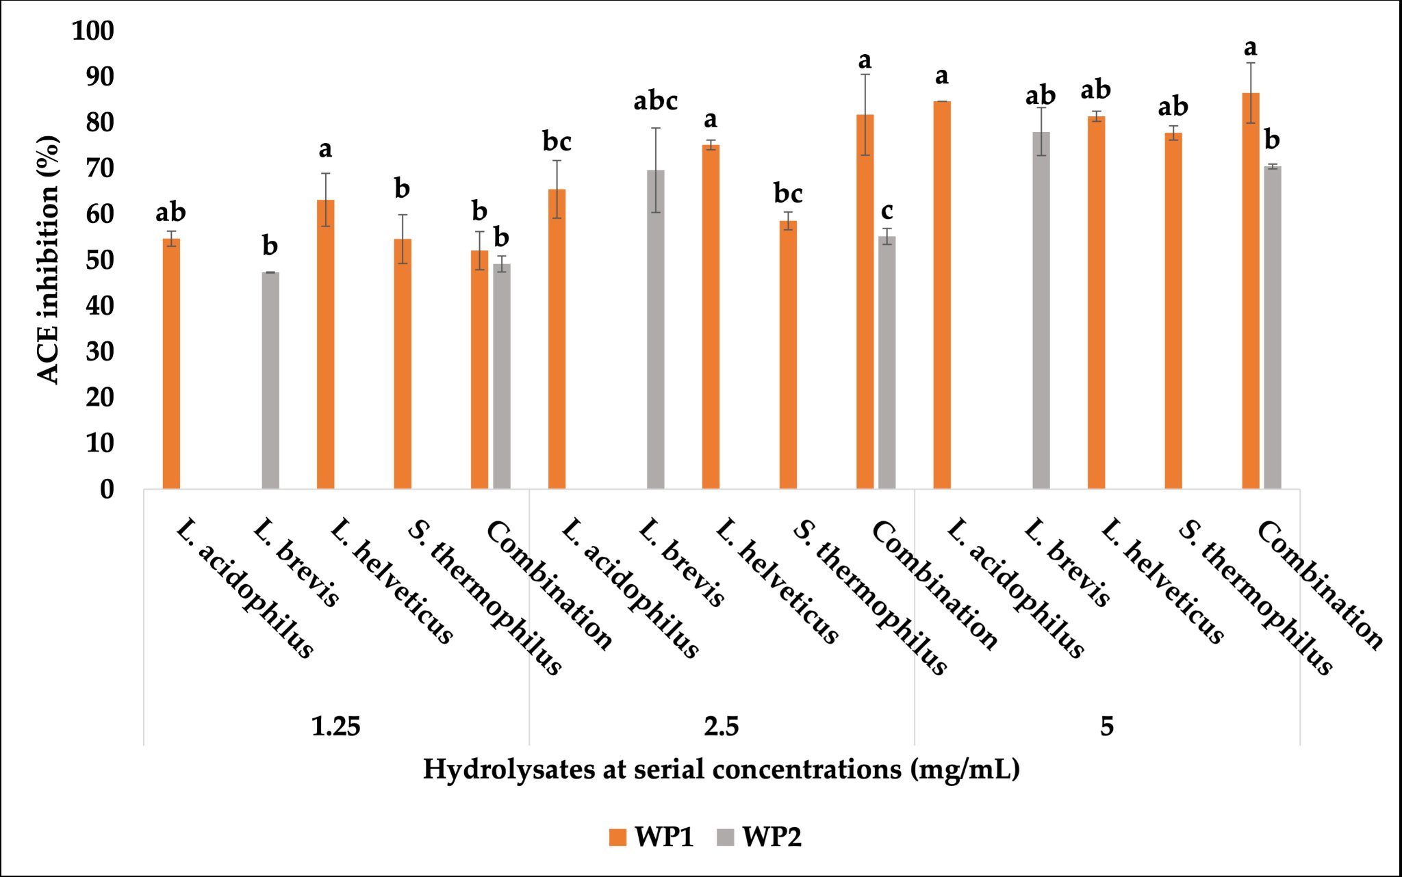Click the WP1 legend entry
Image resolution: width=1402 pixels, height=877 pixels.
(651, 837)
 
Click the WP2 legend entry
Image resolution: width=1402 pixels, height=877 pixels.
(759, 837)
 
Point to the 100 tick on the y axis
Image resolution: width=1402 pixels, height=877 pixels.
(93, 31)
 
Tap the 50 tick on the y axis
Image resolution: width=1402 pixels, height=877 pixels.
(100, 260)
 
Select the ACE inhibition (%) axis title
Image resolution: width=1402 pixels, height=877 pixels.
(48, 260)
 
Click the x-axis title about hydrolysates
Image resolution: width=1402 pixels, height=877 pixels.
(722, 770)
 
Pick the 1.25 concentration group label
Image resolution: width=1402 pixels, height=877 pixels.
(335, 726)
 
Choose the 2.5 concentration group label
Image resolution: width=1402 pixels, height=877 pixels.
(722, 726)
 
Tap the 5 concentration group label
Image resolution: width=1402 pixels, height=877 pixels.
(1107, 726)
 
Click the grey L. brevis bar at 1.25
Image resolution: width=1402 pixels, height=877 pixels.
(270, 380)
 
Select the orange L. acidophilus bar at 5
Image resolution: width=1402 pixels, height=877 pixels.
(942, 295)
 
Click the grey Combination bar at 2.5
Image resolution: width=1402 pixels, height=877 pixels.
(887, 363)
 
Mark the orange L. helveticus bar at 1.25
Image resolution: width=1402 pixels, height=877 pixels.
(326, 344)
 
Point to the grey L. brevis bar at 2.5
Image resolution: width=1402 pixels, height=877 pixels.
(656, 330)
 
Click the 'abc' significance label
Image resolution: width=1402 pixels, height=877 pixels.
(656, 101)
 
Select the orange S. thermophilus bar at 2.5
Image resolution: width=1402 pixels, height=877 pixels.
(788, 355)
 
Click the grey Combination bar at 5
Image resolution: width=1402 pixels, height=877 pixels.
(1273, 328)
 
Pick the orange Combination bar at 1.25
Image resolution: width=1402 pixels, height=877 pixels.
(480, 369)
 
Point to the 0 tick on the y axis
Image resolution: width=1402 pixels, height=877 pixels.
(107, 489)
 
